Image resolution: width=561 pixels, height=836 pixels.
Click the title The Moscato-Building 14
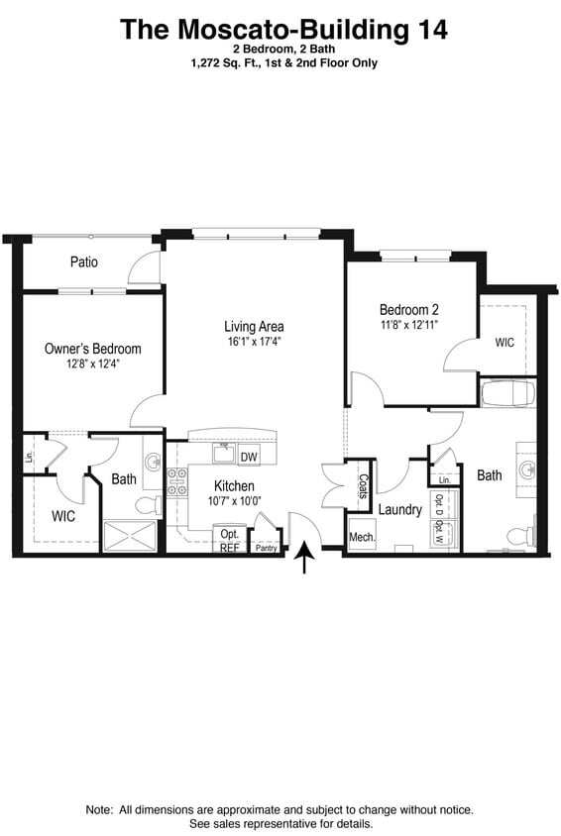[x=283, y=29]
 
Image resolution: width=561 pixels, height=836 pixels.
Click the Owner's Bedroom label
[x=92, y=349]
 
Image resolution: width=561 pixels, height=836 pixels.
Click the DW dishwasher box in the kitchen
[x=248, y=456]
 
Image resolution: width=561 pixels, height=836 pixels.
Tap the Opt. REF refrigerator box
[x=230, y=540]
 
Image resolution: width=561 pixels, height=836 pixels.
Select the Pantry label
[x=266, y=547]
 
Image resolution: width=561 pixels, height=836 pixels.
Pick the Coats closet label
[x=363, y=484]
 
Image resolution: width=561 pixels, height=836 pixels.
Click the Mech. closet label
[x=359, y=538]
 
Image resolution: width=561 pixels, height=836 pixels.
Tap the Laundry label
[x=399, y=510]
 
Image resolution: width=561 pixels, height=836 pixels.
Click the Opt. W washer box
[x=438, y=536]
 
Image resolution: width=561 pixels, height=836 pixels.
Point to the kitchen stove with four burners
[x=177, y=482]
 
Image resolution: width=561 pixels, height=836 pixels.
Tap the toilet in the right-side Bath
[x=515, y=536]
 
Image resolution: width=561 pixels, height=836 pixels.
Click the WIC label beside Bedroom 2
[x=505, y=343]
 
